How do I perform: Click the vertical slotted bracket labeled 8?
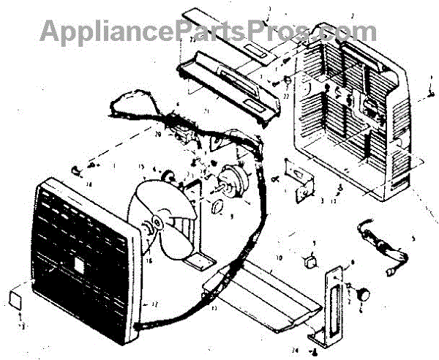click(332, 307)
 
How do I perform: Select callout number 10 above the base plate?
click(279, 258)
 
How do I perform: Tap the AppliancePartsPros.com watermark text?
click(209, 30)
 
